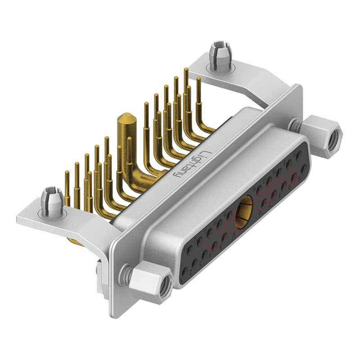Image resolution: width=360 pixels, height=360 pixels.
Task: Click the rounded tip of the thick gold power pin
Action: click(124, 119)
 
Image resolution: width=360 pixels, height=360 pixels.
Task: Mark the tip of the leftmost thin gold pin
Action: click(67, 173)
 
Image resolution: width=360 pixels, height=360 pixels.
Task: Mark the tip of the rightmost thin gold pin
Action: click(198, 79)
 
